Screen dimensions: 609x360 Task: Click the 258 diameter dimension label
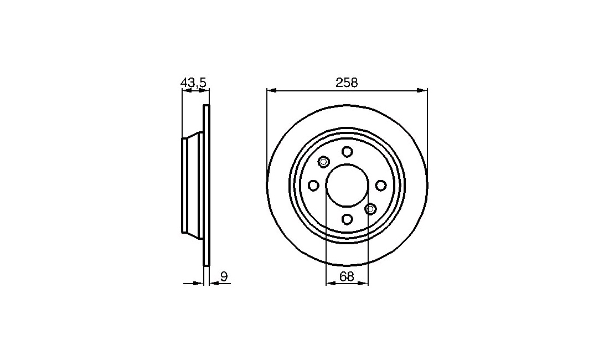pos(347,83)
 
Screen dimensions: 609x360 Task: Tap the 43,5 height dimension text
pos(194,83)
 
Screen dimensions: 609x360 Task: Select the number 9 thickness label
pos(224,276)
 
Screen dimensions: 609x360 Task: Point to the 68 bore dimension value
pos(347,276)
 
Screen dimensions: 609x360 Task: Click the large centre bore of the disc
pos(347,186)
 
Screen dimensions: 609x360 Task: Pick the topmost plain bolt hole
pos(347,151)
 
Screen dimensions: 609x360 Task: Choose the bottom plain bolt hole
pos(347,219)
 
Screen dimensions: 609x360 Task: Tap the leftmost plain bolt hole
pos(313,186)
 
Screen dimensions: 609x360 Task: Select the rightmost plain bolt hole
pos(381,186)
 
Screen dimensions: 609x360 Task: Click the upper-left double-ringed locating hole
pos(323,162)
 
